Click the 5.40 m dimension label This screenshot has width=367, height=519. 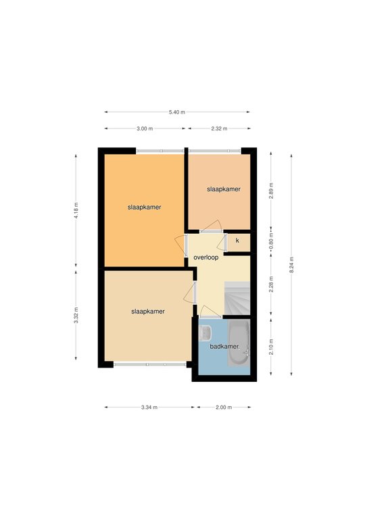coord(176,112)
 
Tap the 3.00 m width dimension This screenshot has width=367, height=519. coord(145,128)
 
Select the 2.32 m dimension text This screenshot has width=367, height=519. coord(219,128)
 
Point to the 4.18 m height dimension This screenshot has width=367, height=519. coord(76,211)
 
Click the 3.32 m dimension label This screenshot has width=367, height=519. coord(76,316)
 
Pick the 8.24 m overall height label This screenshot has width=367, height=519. coord(291,265)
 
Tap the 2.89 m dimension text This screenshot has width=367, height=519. coord(271,191)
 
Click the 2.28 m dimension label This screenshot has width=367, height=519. coord(271,284)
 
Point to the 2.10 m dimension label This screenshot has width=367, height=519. coord(271,347)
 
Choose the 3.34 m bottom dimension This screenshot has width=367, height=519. coord(149,407)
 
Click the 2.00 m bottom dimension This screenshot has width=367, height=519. coord(224,407)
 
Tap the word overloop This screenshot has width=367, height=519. coord(206,257)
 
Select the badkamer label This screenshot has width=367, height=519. coord(224,347)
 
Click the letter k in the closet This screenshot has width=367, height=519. coord(237,241)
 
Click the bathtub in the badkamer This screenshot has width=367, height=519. coord(239,343)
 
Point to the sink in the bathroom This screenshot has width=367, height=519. coord(205,333)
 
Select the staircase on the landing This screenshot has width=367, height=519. coord(237,298)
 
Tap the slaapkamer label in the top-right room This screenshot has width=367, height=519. coord(224,189)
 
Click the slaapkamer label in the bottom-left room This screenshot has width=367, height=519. coord(148,312)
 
